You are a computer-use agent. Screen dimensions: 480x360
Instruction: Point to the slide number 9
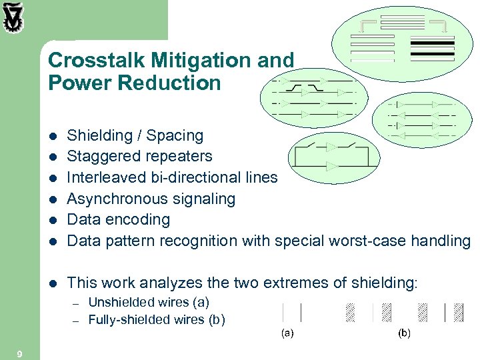19,353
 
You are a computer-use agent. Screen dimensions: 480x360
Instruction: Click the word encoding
139,219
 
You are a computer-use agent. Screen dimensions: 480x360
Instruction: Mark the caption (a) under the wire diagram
287,332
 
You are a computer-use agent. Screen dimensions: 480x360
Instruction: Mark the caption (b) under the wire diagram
404,332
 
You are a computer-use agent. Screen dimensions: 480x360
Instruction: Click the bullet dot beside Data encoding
53,220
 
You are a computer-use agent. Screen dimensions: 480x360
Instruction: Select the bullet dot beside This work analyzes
53,283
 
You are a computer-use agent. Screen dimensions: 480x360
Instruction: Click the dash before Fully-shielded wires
76,320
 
